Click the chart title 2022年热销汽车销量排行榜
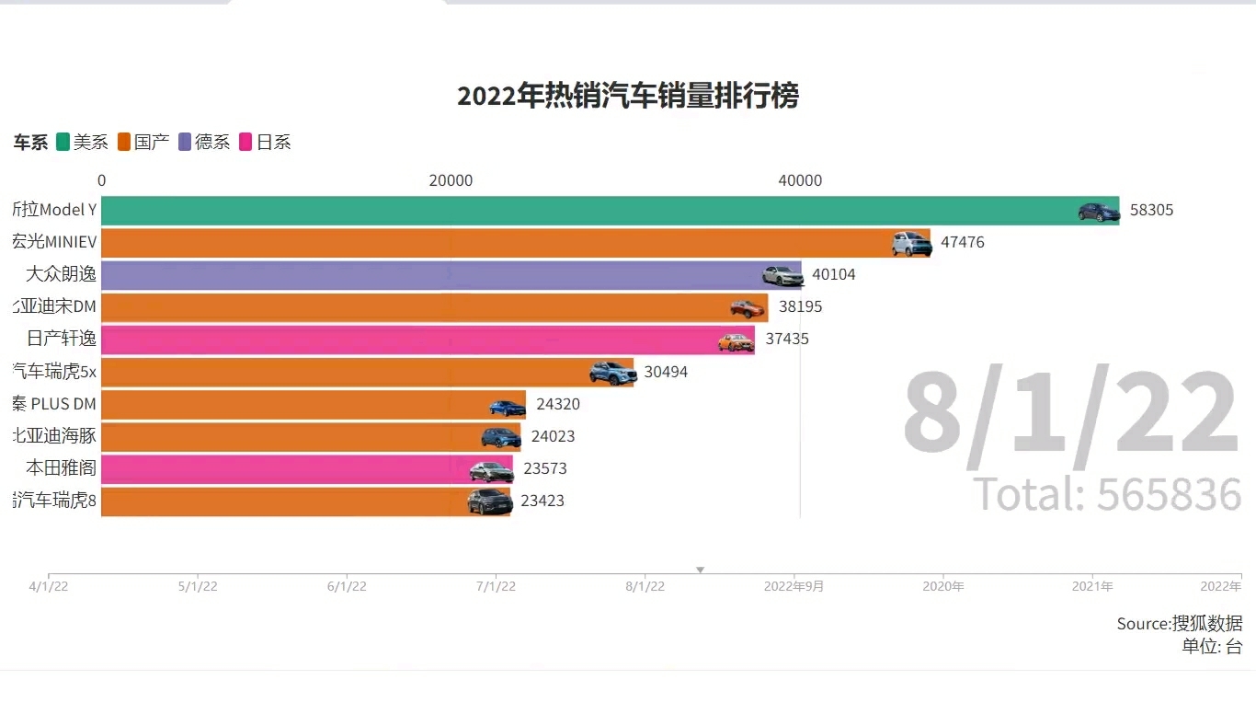tap(628, 96)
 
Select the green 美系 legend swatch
tap(63, 142)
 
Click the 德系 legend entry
tap(204, 142)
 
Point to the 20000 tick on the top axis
tap(451, 180)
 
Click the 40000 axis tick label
tap(800, 180)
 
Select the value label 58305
tap(1151, 210)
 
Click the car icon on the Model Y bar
tap(1099, 212)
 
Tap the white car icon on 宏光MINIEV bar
tap(911, 244)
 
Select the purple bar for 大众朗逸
tap(451, 275)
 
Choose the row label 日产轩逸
tap(61, 339)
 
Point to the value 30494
tap(666, 372)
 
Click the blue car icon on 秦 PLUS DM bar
tap(507, 407)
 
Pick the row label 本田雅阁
tap(61, 468)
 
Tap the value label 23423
tap(542, 501)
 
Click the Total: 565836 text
tap(1107, 495)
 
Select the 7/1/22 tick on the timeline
tap(496, 586)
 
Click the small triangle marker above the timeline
tap(700, 570)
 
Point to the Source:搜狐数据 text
tap(1179, 624)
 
